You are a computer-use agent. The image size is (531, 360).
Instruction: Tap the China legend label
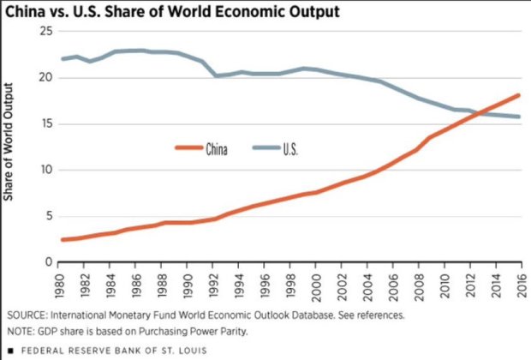(x=216, y=148)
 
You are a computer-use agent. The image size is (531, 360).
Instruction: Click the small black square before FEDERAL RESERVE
(x=9, y=350)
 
